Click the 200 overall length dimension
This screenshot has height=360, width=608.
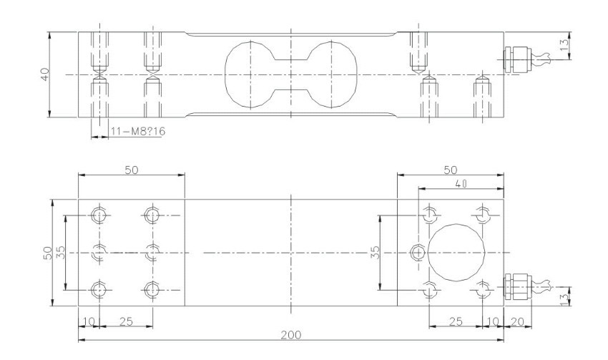coord(291,334)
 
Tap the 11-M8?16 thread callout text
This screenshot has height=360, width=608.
coord(137,132)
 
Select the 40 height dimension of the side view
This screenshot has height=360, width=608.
coord(45,74)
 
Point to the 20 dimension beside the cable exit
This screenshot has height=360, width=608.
coord(517,321)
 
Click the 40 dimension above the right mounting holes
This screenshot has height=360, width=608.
coord(461,184)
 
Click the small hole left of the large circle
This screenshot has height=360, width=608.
coord(418,253)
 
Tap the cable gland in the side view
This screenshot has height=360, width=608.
coord(517,59)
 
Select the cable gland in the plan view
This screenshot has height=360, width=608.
coord(517,287)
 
